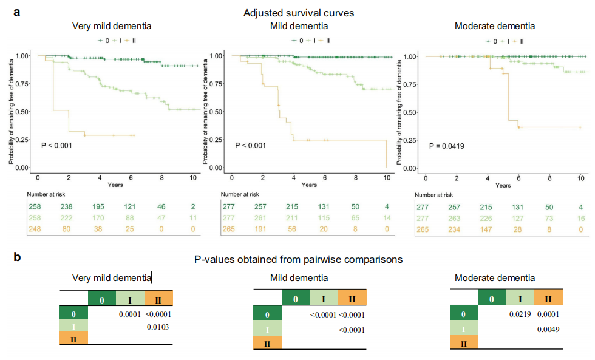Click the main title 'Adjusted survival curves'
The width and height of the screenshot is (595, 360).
point(299,13)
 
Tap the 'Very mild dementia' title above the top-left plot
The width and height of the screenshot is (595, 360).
point(112,26)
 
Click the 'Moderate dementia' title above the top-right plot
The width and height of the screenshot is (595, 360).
point(494,26)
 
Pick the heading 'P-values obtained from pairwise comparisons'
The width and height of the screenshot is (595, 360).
point(297,259)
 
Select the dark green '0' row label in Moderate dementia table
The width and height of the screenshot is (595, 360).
point(464,314)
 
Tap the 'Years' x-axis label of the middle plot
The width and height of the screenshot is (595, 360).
point(308,185)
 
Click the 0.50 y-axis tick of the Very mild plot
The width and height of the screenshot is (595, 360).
point(21,112)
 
